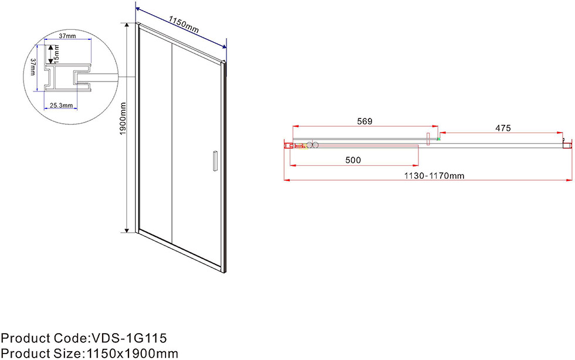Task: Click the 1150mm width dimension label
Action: point(184,25)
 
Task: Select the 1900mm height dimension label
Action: point(123,118)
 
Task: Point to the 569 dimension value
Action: point(364,121)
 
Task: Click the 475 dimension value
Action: point(503,128)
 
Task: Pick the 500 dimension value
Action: point(353,160)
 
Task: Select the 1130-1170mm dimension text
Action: point(434,175)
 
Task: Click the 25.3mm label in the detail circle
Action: point(61,106)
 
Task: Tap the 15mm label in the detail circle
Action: point(56,53)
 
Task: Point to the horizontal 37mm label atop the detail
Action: point(67,36)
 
